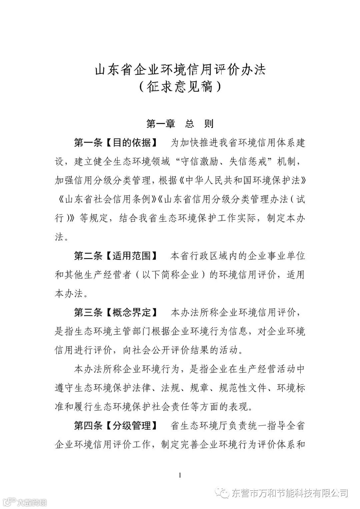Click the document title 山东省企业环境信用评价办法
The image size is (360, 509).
point(180,70)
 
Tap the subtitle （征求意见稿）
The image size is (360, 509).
point(180,87)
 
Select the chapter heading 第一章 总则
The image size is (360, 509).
point(180,124)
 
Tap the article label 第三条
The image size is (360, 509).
point(88,312)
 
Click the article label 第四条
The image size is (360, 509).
point(88,426)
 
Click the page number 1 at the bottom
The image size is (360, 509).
point(180,475)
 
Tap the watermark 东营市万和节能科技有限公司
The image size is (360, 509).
point(289,493)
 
